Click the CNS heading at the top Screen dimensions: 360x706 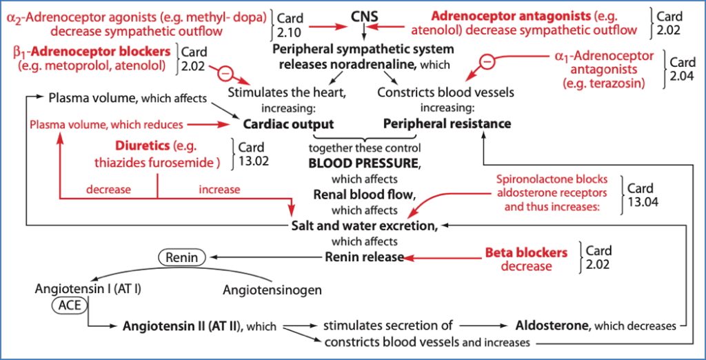tap(365, 15)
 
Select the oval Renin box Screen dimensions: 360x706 tap(181, 257)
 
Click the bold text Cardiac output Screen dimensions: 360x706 tap(288, 124)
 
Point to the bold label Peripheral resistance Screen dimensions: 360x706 tap(447, 124)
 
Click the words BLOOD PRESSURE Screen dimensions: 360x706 tap(364, 164)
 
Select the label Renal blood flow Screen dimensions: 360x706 tap(364, 194)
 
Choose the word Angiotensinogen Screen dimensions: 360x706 tap(272, 290)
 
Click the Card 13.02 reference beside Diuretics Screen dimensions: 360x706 tap(253, 154)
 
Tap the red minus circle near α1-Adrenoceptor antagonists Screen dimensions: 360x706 tap(487, 61)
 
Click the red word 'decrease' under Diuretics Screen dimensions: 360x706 tap(108, 189)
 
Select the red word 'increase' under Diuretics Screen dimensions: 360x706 tap(219, 189)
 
